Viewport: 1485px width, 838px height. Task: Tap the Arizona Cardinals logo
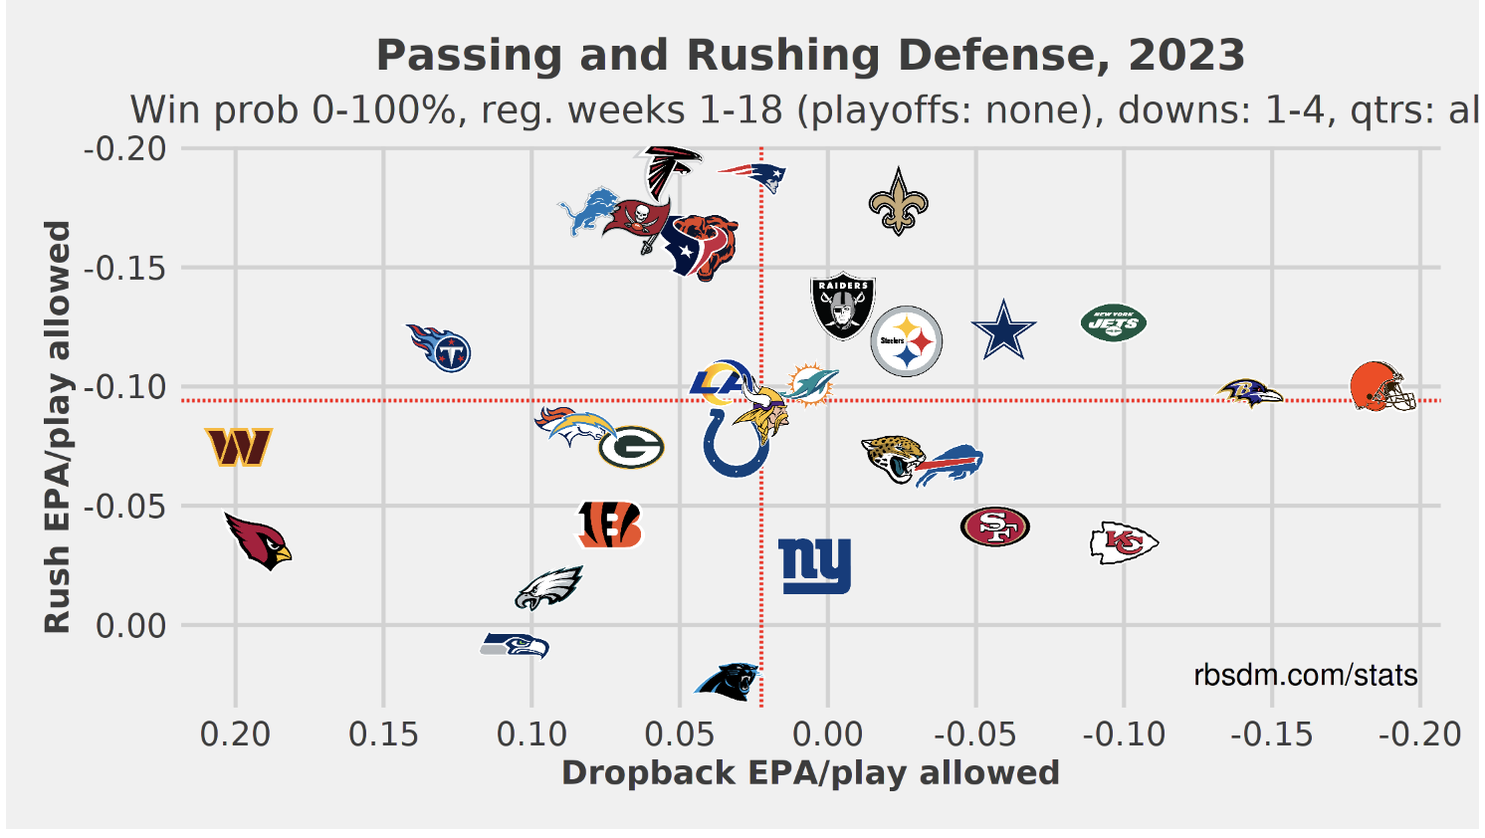(257, 540)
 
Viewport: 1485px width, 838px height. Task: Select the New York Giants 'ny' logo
(814, 565)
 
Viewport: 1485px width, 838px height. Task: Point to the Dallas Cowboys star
(1003, 330)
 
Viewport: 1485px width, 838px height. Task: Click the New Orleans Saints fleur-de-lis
(898, 202)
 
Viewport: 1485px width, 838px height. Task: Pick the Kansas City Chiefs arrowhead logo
(1124, 542)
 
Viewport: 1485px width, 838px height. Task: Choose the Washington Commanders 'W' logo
(239, 447)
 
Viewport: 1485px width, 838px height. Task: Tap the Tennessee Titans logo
(440, 347)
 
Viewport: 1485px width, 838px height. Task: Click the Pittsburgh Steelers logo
(906, 341)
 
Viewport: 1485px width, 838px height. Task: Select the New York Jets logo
(1114, 322)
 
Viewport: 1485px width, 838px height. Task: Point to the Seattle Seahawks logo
(515, 645)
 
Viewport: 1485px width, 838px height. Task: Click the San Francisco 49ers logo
(994, 526)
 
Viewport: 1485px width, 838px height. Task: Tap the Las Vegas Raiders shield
(843, 307)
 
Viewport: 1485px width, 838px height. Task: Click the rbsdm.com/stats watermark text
(1305, 676)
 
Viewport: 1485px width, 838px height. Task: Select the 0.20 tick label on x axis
(235, 734)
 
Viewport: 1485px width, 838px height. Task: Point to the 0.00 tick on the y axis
(131, 626)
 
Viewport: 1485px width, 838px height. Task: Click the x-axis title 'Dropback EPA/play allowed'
(810, 773)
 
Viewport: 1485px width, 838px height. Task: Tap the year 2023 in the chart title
(1186, 56)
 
